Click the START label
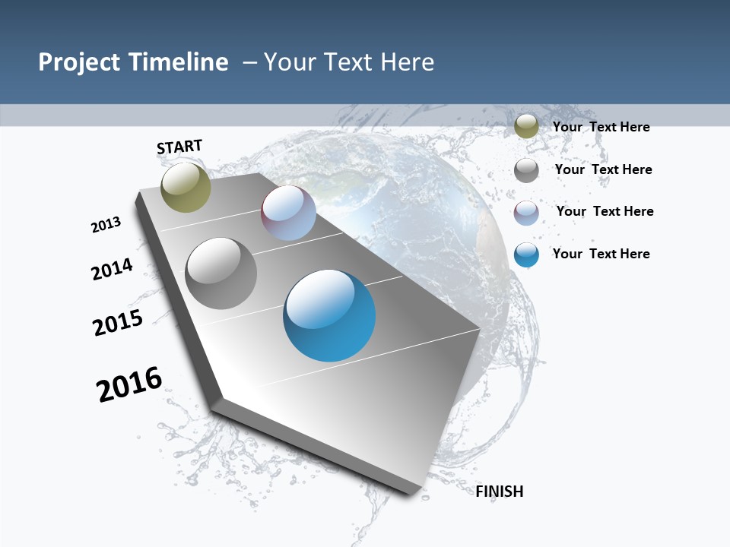tap(179, 147)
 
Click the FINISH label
tap(500, 492)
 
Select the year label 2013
tap(106, 225)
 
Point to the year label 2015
tap(118, 323)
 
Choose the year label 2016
tap(129, 384)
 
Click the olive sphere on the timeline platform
tap(186, 187)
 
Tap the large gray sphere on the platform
tap(221, 273)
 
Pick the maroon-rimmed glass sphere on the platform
tap(288, 213)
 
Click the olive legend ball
tap(526, 126)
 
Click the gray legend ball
tap(526, 170)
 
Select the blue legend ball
tap(526, 255)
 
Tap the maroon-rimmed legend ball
tap(526, 213)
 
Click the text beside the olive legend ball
tap(601, 127)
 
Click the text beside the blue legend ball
tap(601, 254)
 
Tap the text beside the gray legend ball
tap(603, 169)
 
